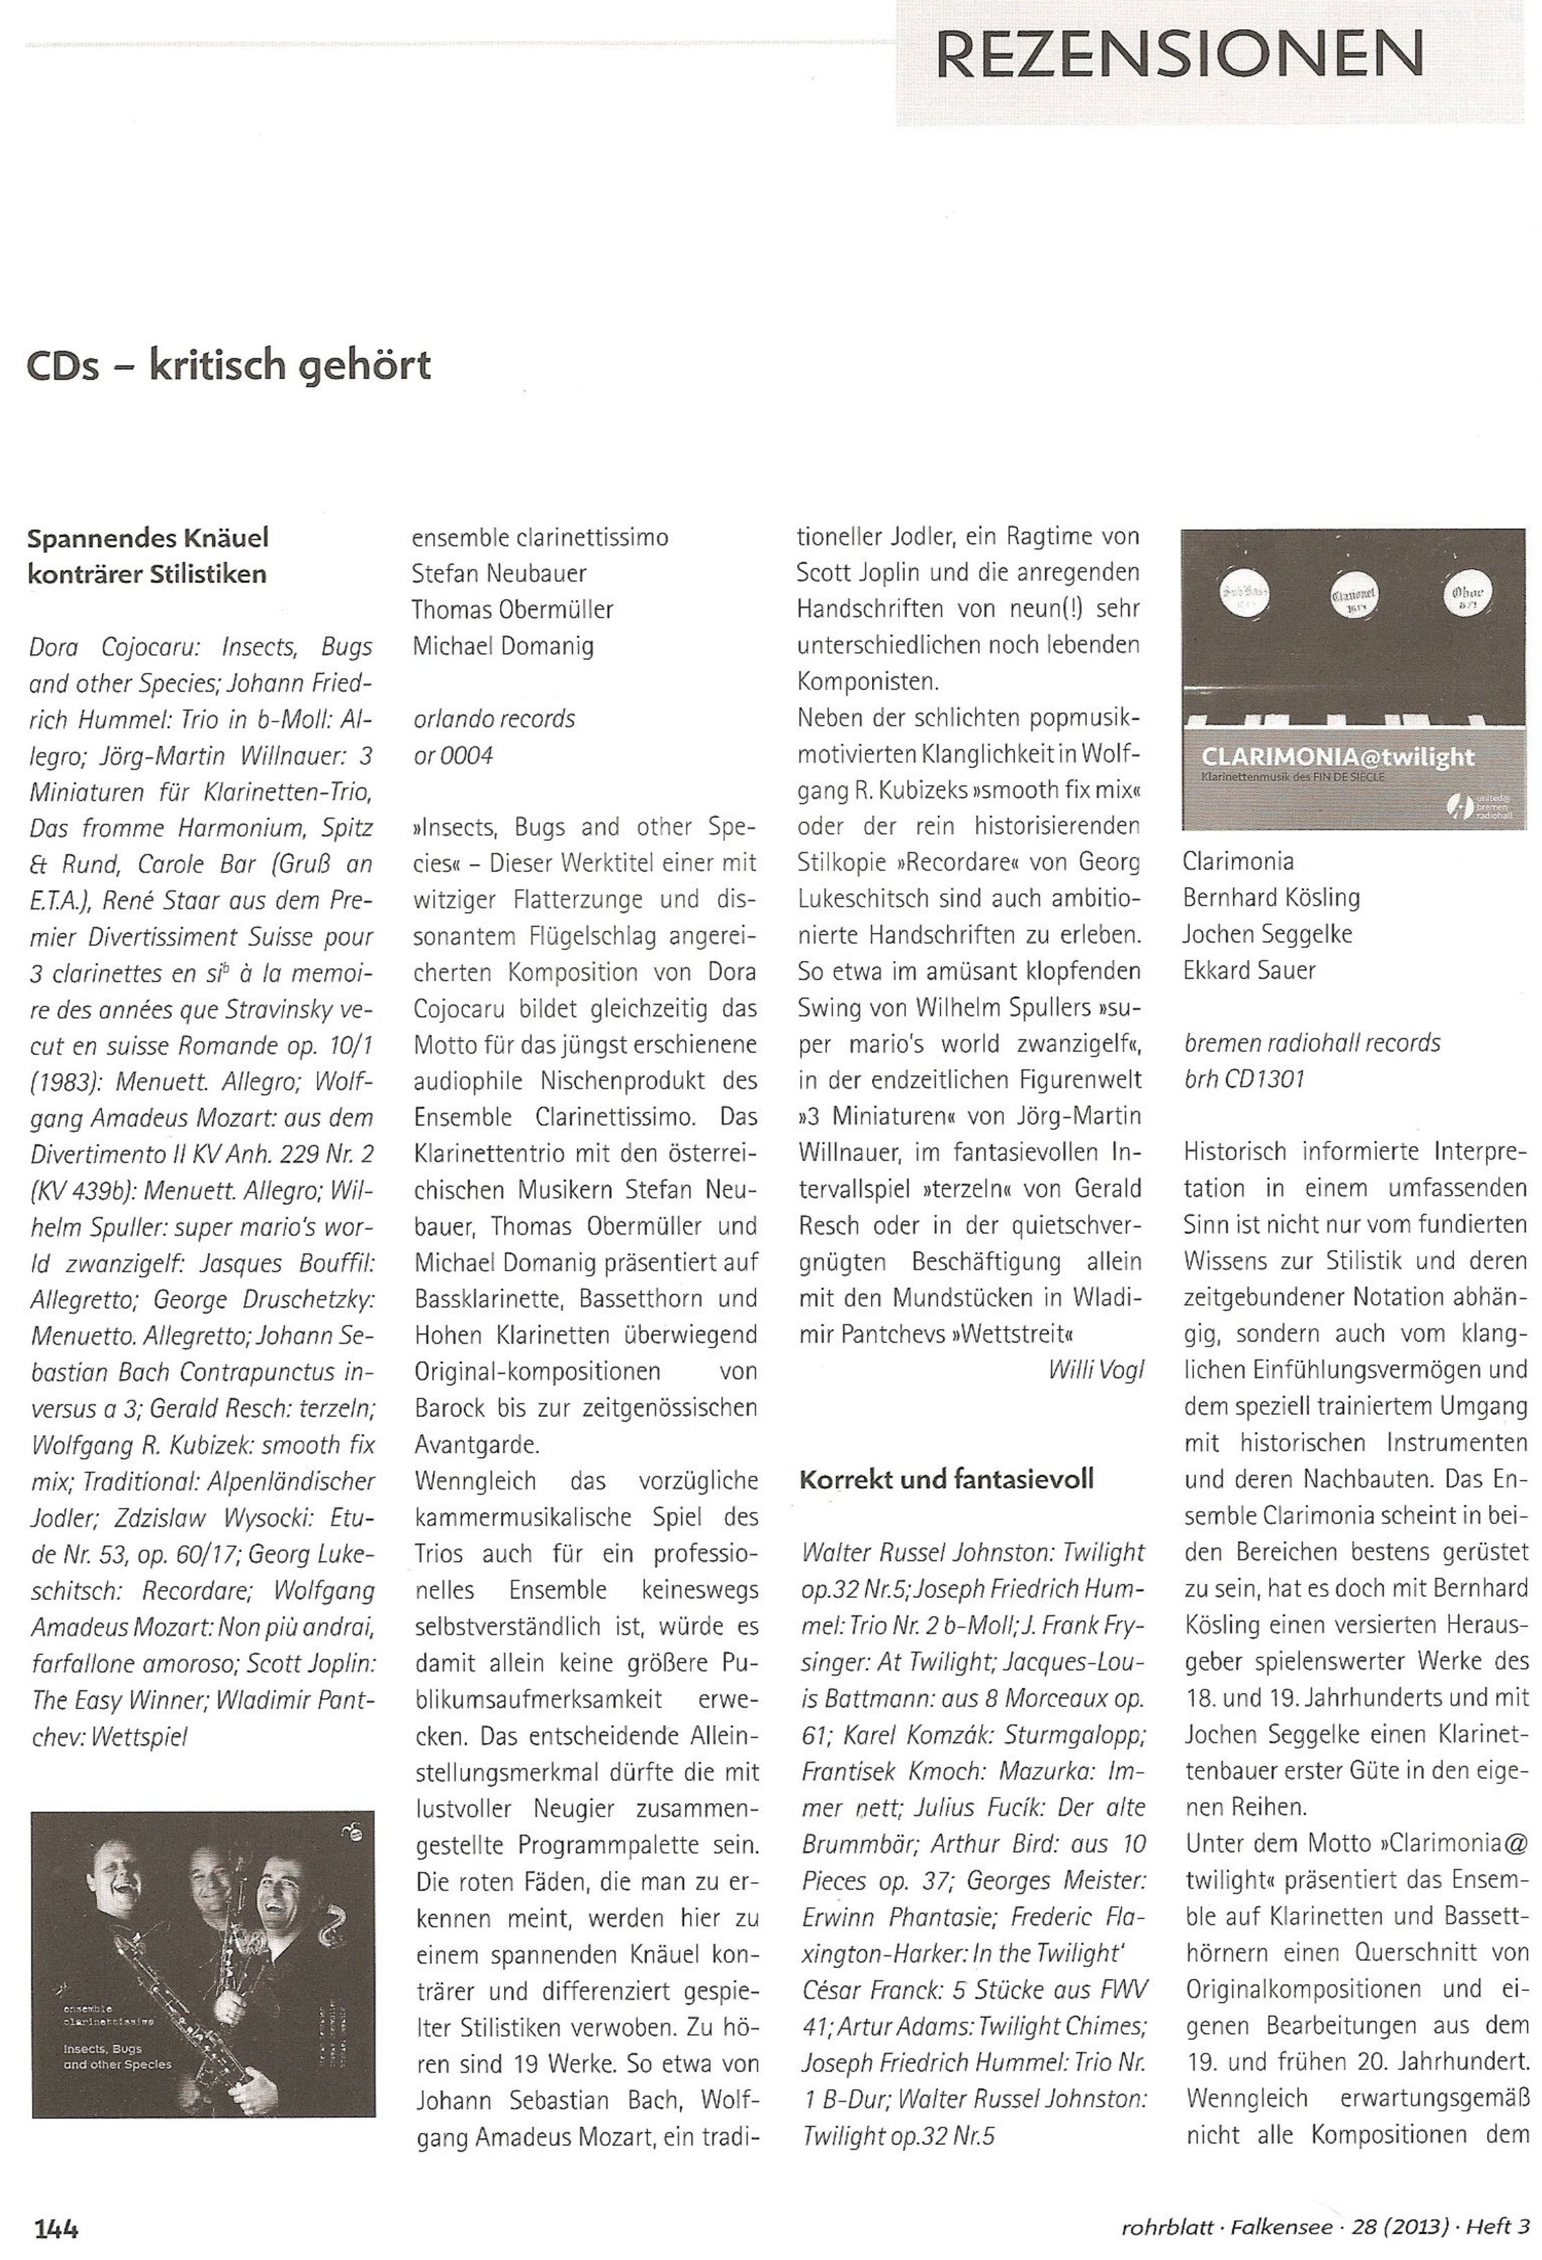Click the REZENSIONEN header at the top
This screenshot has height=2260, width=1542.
click(x=1179, y=55)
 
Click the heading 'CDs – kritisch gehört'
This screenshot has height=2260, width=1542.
click(x=229, y=367)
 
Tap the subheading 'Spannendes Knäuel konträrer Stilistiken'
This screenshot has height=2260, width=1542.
click(x=147, y=555)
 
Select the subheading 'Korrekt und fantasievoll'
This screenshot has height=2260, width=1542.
click(x=946, y=1480)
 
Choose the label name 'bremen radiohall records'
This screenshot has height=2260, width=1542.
click(x=1311, y=1043)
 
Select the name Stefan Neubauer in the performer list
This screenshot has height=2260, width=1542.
click(x=499, y=574)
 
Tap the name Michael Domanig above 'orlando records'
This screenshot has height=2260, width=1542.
click(x=503, y=645)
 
